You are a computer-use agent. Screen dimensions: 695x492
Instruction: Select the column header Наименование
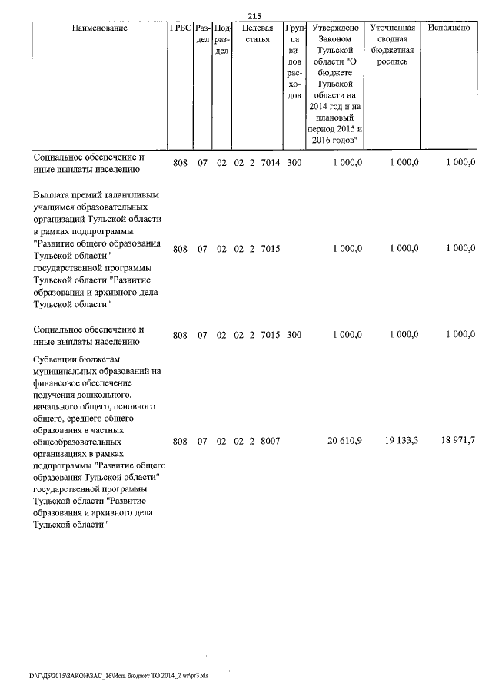coord(99,28)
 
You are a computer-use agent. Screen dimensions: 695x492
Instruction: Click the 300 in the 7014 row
coord(294,163)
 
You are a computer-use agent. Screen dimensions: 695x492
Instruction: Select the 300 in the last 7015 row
coord(294,335)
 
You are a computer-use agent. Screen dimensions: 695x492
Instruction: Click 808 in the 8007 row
coord(179,441)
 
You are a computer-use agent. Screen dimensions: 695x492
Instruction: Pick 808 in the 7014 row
coord(179,163)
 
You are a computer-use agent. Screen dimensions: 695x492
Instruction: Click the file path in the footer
coord(119,676)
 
